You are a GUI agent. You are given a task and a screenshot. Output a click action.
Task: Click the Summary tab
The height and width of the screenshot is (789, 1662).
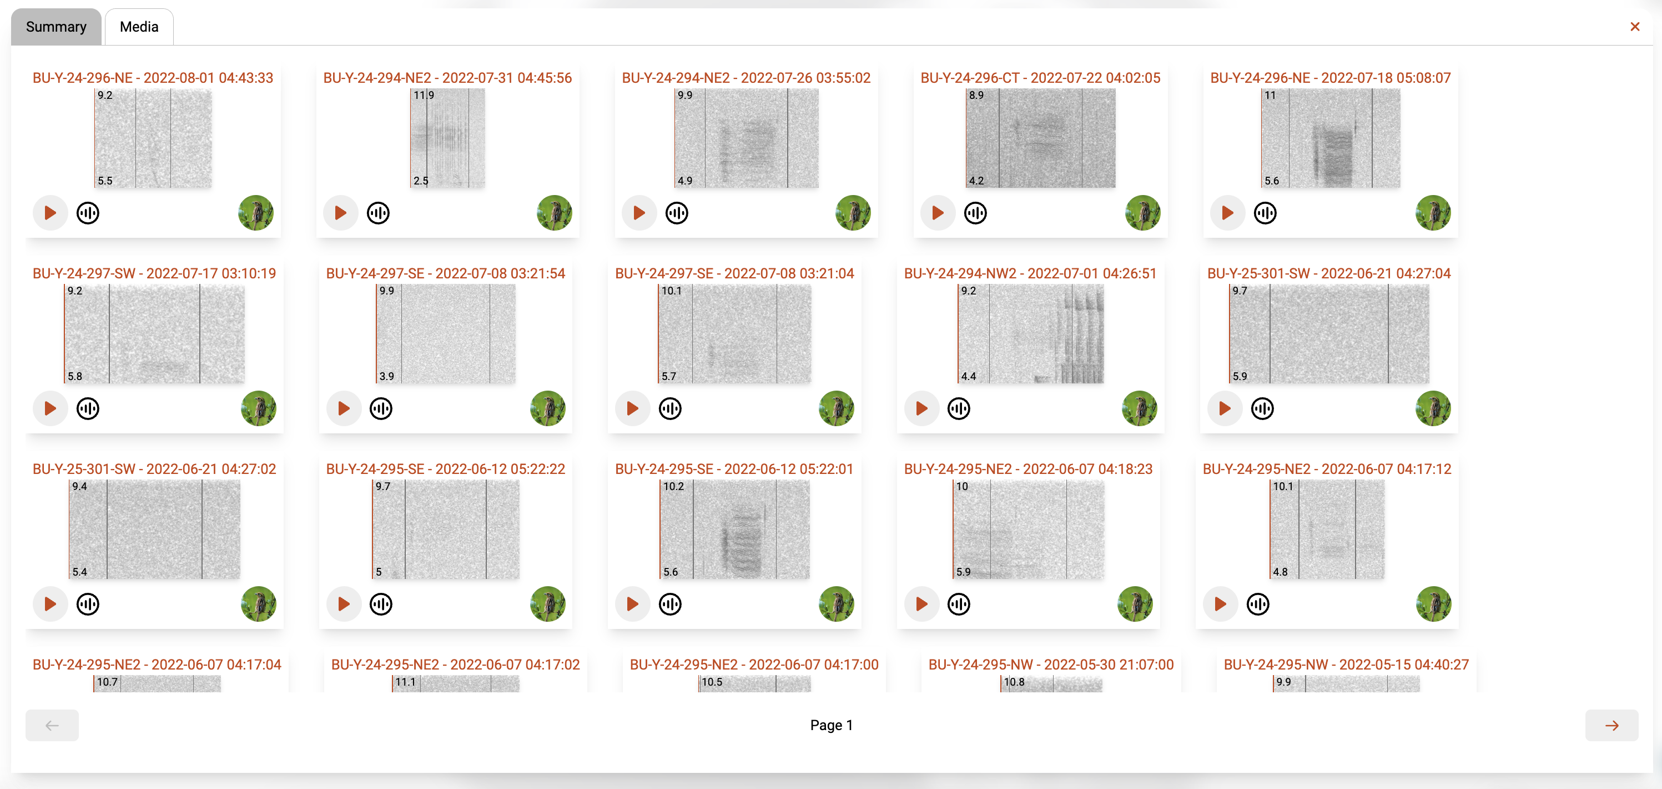56,27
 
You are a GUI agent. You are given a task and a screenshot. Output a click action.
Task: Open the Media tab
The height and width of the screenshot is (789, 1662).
139,27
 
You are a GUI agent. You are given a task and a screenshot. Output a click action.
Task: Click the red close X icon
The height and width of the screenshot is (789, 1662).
1634,27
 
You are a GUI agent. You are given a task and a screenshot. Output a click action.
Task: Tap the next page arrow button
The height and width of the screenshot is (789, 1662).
1611,725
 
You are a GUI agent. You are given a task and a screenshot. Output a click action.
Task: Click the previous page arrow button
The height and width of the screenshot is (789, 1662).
52,725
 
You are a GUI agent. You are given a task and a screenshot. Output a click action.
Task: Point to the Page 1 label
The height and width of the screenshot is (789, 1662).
831,725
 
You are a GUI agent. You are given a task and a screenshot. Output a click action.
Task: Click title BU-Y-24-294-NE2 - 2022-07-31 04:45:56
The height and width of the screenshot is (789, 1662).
447,77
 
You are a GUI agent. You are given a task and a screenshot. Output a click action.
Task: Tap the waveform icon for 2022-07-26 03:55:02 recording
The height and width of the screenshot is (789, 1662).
676,212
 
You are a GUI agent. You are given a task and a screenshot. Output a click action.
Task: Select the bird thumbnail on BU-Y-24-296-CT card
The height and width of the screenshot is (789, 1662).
1142,212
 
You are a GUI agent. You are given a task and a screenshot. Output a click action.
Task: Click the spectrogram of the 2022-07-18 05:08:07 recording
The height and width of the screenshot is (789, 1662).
1331,138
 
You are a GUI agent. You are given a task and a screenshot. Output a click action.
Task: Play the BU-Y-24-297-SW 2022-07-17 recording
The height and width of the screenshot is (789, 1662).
49,408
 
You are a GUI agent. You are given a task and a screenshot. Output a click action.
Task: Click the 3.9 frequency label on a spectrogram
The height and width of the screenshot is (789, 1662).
386,376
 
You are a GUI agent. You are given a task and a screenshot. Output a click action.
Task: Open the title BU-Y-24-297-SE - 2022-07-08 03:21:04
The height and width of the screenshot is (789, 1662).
734,273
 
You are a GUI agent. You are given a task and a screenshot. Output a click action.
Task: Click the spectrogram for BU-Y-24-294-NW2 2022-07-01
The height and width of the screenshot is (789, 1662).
1030,334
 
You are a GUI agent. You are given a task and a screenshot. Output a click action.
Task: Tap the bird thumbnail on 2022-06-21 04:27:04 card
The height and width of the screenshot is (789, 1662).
1433,408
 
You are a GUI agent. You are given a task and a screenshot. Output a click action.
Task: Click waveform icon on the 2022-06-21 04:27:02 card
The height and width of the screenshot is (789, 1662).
88,603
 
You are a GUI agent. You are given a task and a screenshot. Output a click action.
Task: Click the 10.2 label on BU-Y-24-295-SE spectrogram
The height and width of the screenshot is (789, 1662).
673,486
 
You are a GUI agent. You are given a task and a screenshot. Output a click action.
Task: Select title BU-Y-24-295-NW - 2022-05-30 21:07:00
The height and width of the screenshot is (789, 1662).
1050,665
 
